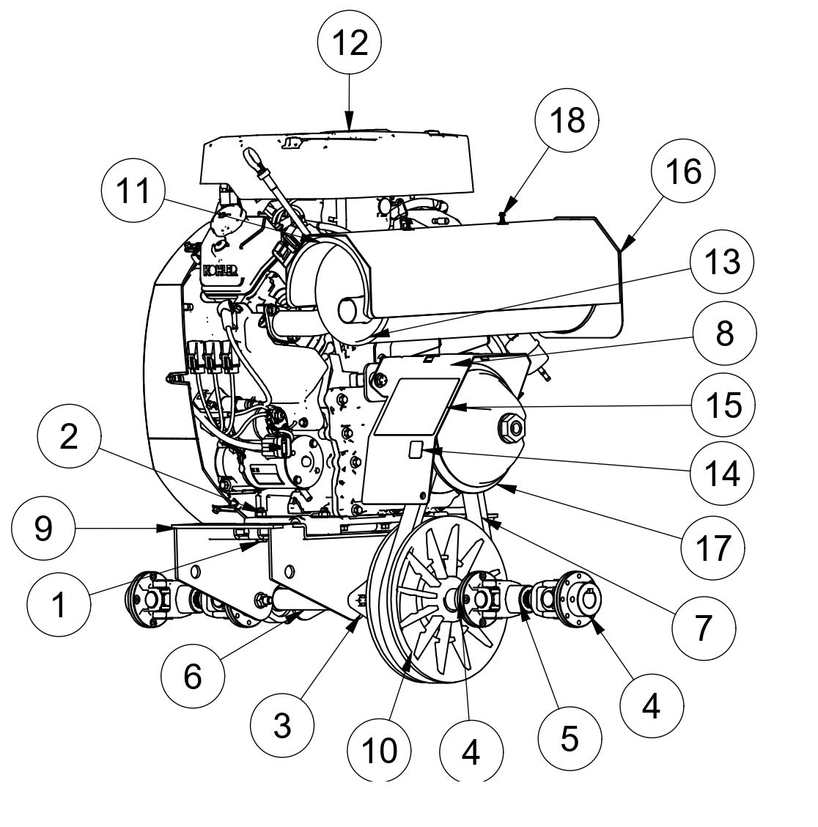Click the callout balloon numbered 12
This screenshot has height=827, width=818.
pos(350,43)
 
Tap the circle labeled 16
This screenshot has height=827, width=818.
pos(682,172)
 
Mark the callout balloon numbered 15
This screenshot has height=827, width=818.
pos(723,404)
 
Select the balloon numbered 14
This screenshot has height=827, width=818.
pos(723,474)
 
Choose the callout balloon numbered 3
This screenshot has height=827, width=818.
pos(281,726)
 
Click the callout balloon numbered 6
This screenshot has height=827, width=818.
pos(192,677)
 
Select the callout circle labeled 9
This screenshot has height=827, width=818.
pos(44,529)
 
